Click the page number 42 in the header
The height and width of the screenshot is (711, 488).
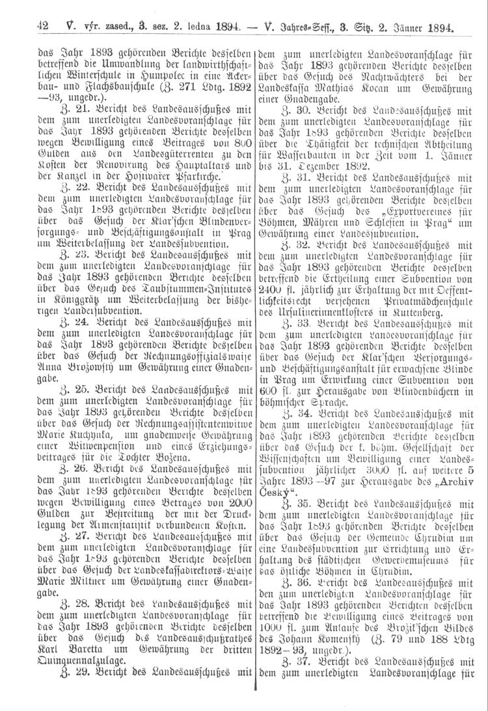(x=44, y=27)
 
